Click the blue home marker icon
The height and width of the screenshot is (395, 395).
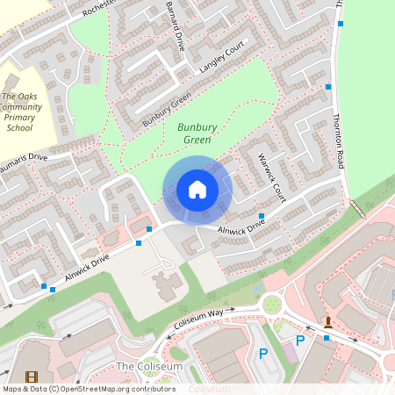point(197,190)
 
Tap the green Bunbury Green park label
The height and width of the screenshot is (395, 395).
point(197,133)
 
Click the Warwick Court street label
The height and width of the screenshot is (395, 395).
point(273,176)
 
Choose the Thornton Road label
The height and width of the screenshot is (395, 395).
point(341,136)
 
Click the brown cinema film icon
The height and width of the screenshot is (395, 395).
point(32,377)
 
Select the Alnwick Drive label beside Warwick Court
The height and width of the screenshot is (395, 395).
point(241,229)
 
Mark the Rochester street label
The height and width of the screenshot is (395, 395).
point(99,10)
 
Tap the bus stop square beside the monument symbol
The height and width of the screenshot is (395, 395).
point(327,336)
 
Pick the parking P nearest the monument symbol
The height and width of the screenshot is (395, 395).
point(300,340)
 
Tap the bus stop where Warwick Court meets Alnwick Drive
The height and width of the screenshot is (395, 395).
point(261,215)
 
